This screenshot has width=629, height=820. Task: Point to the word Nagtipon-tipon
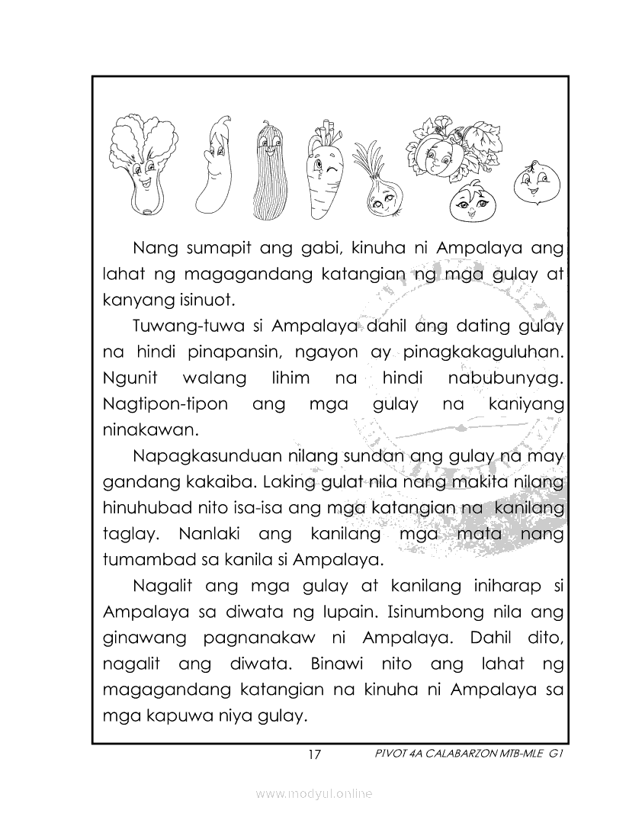[x=165, y=404]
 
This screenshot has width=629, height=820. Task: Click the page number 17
[x=314, y=755]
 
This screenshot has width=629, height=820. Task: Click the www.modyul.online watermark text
[x=314, y=794]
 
